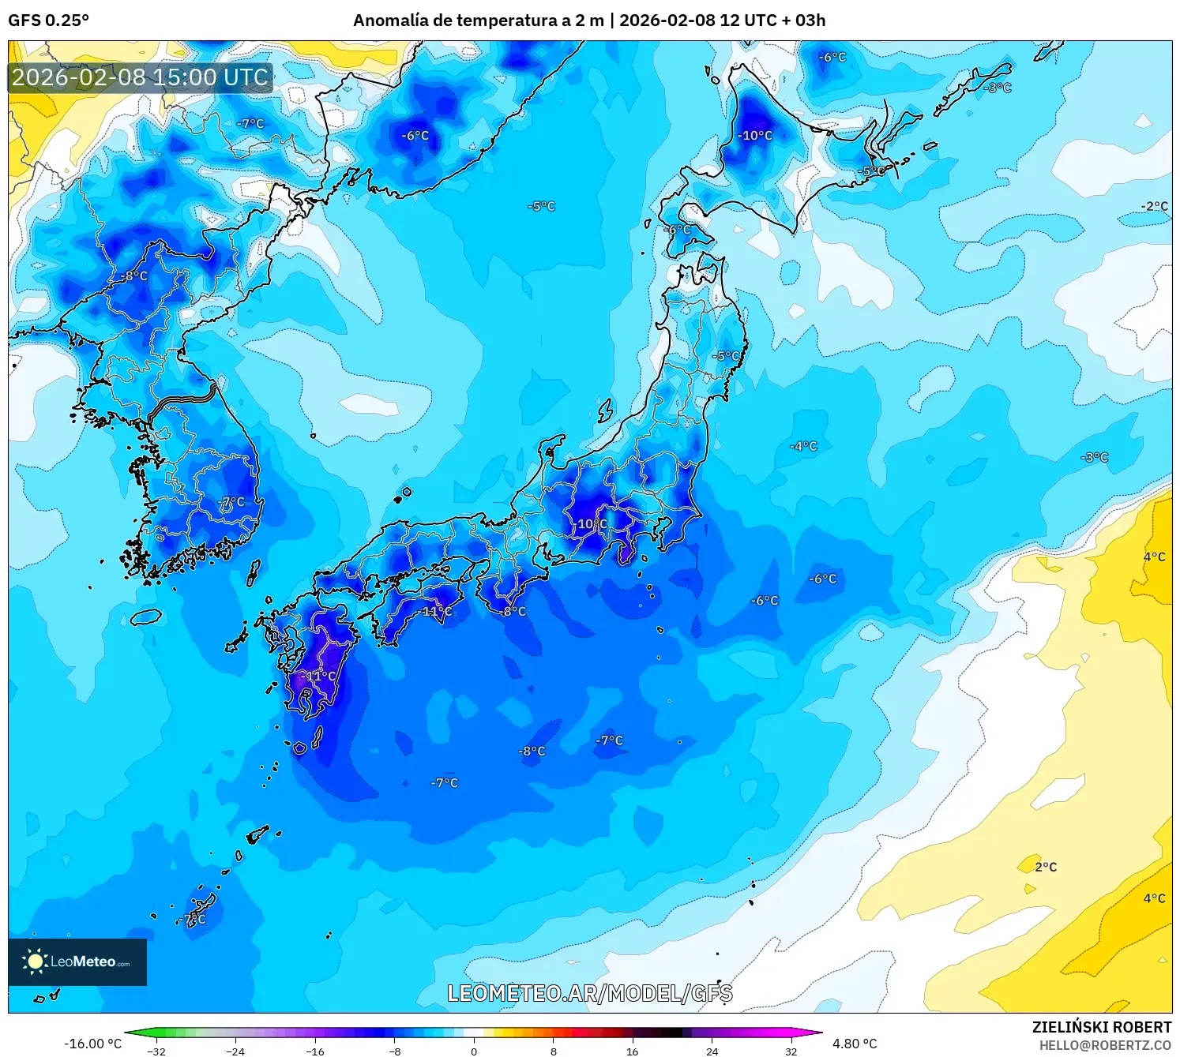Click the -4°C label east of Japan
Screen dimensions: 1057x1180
point(804,446)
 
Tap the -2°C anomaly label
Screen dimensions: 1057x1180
point(1154,206)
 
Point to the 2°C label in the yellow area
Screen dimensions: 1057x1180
point(1046,867)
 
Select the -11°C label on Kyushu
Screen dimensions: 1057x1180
point(320,677)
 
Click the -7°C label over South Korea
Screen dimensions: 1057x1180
point(231,502)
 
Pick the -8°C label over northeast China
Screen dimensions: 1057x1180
point(135,275)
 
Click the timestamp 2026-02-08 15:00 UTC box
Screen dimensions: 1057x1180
point(141,77)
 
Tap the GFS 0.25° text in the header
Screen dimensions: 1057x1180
point(48,21)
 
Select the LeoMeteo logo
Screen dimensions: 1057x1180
point(77,961)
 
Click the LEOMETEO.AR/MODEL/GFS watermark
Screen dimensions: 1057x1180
point(589,993)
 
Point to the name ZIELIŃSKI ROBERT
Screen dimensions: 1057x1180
point(1102,1027)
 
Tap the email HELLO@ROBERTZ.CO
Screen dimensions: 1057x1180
point(1105,1045)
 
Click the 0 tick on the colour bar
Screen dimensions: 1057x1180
point(474,1051)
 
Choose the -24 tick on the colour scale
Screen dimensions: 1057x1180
point(235,1051)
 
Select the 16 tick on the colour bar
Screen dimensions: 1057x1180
point(633,1051)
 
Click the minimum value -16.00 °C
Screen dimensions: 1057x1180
point(93,1044)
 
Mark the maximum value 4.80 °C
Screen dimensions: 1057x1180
point(855,1044)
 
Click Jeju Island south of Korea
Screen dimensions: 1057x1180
point(146,617)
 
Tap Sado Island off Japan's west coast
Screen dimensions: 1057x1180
point(605,410)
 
